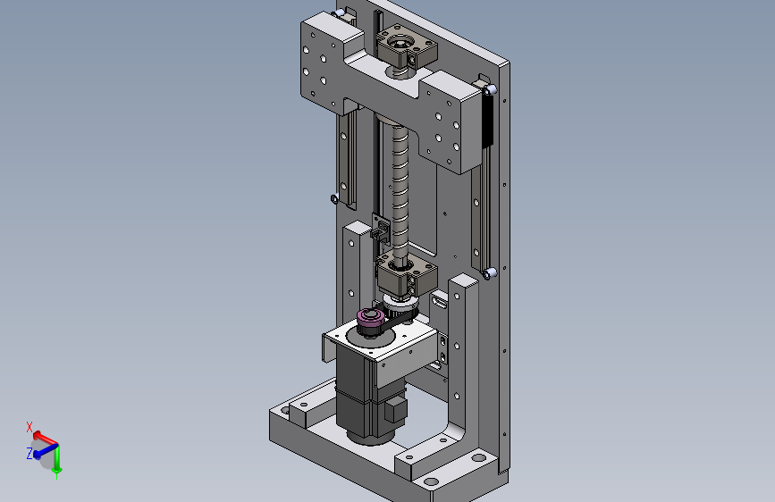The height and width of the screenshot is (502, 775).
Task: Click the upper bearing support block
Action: point(407,48)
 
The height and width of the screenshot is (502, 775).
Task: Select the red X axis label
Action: point(29,427)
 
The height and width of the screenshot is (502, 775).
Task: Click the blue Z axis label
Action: point(29,453)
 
